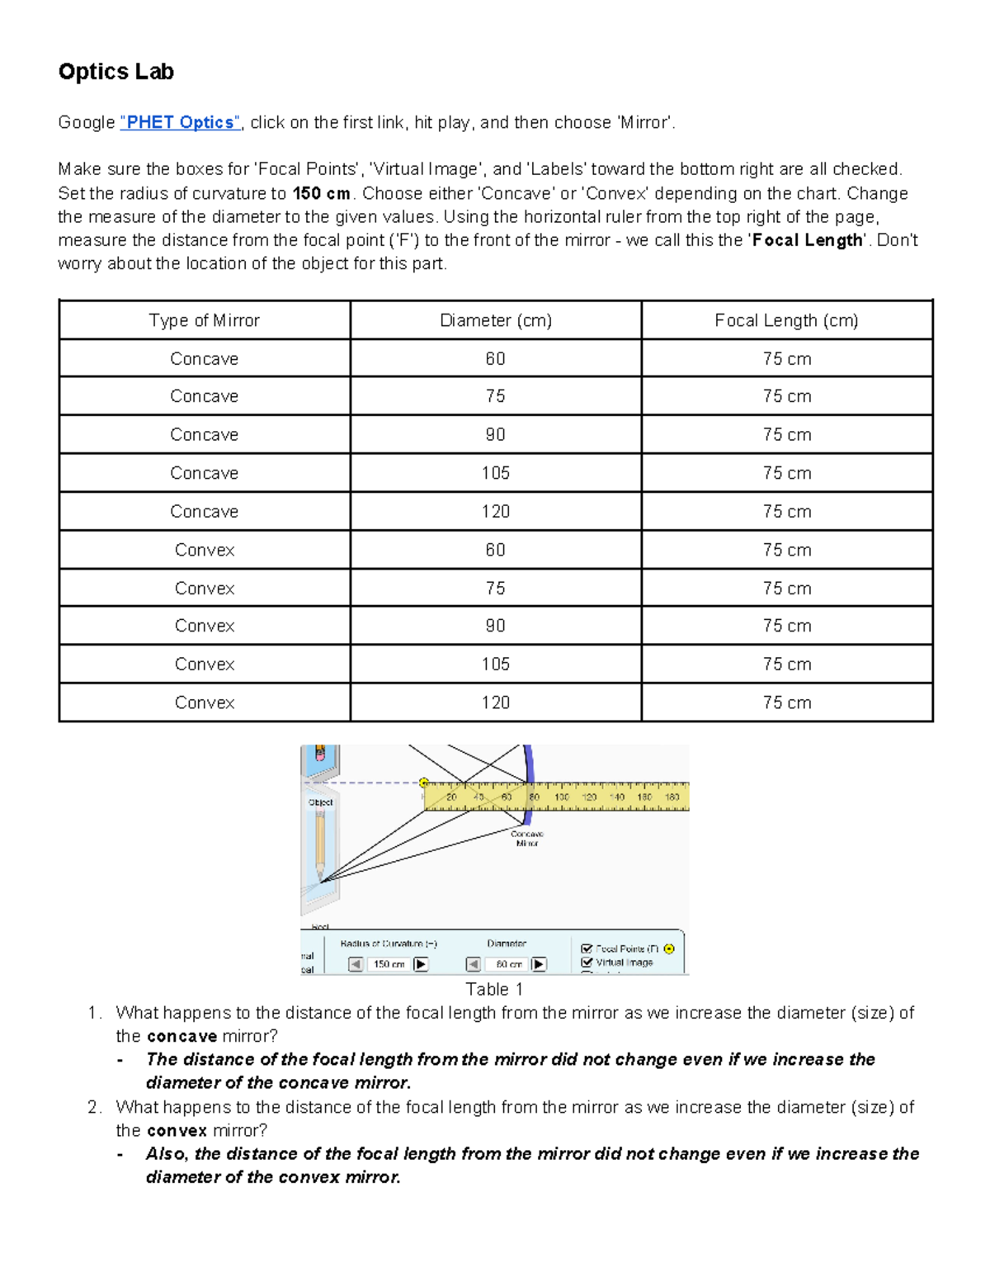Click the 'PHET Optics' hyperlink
(180, 122)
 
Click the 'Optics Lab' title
(115, 72)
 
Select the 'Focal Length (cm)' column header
(786, 320)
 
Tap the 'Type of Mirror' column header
(204, 320)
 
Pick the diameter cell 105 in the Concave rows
(495, 473)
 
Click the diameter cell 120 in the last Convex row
(495, 702)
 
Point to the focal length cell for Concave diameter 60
(786, 359)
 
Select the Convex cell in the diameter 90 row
(204, 626)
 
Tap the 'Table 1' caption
(494, 989)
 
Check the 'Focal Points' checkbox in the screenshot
(587, 948)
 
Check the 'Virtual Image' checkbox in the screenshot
(587, 962)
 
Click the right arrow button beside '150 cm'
(421, 963)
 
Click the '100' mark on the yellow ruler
(561, 797)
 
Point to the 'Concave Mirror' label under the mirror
(526, 839)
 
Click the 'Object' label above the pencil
(320, 802)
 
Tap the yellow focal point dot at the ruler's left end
(424, 783)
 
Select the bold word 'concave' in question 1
(181, 1036)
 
